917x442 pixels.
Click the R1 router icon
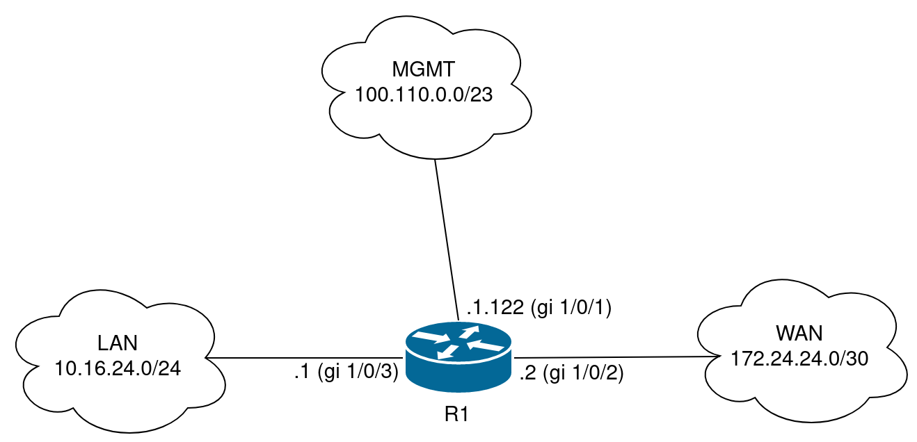tap(458, 356)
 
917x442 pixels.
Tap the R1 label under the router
tap(458, 415)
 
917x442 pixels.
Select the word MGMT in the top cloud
tap(423, 70)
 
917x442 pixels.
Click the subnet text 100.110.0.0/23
tap(424, 95)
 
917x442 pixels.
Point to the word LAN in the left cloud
tap(118, 343)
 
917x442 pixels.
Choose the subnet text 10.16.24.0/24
tap(118, 368)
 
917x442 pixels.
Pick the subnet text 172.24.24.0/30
tap(799, 359)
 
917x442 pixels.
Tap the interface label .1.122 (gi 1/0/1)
tap(539, 308)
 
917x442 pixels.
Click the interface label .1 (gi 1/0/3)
tap(346, 373)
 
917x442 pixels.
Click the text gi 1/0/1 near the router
tap(571, 308)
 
